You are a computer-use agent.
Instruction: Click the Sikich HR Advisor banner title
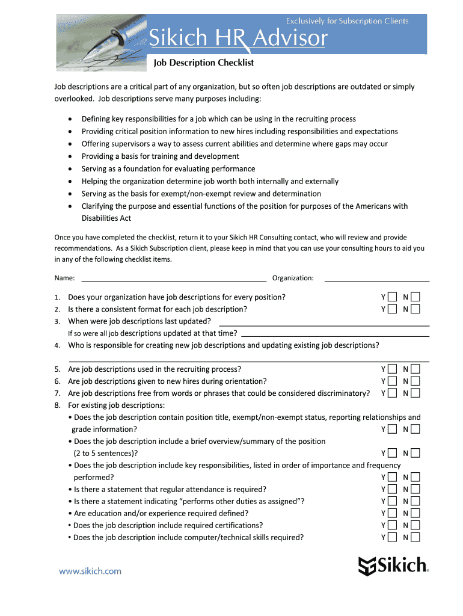coord(238,39)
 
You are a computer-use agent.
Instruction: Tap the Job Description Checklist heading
coord(204,63)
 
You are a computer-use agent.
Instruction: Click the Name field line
coord(173,277)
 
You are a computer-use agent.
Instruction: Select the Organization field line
coord(376,277)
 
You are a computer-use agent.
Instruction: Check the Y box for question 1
coord(392,297)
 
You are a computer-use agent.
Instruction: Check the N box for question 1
coord(415,297)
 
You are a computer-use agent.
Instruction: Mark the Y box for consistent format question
coord(392,309)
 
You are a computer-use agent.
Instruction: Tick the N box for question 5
coord(415,369)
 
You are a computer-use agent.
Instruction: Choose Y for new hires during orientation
coord(392,381)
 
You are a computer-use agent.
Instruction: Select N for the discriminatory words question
coord(415,393)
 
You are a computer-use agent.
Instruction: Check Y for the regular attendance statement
coord(392,490)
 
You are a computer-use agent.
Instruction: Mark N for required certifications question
coord(415,526)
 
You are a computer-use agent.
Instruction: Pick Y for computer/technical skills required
coord(392,538)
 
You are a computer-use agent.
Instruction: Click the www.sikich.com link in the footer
coord(90,571)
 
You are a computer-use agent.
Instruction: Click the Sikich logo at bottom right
coord(393,565)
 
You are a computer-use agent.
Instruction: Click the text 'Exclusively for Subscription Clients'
coord(347,21)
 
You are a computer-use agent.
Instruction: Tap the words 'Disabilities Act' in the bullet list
coord(106,218)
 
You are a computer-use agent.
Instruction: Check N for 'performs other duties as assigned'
coord(415,502)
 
